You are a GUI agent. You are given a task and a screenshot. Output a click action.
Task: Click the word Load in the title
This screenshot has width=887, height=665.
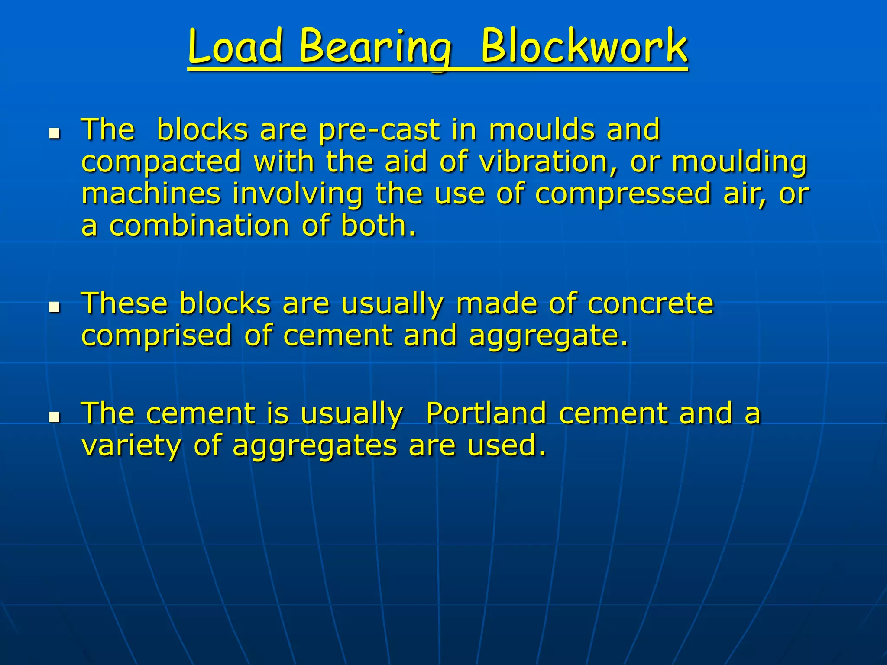pos(236,46)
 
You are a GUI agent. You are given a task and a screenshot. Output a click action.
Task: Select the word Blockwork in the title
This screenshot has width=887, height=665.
pos(584,46)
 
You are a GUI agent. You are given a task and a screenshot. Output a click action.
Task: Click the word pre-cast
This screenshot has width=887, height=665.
pos(379,130)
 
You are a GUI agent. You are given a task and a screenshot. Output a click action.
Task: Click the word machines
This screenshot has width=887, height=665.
pos(151,194)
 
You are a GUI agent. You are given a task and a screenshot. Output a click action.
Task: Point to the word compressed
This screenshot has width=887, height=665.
pos(623,194)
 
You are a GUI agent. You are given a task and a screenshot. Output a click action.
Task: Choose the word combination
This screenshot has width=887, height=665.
pos(199,226)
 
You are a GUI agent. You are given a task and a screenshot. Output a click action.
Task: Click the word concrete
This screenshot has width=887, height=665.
pos(651,303)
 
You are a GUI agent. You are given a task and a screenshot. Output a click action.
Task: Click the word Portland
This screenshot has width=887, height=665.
pos(486,413)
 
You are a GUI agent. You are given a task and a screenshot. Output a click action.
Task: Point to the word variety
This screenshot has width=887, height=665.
pos(131,446)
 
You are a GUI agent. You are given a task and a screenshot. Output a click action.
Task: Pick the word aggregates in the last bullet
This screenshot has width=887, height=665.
pos(315,446)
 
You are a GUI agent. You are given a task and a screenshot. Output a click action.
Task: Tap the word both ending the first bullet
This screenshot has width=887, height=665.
pos(378,226)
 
